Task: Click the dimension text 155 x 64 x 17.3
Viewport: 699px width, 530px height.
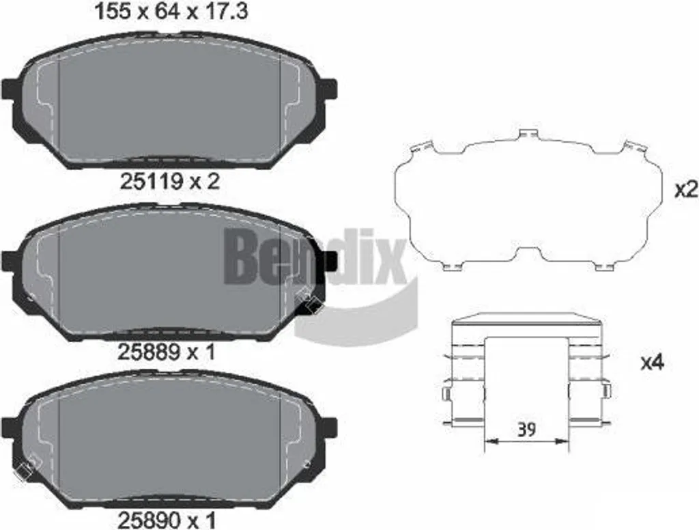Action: pyautogui.click(x=171, y=12)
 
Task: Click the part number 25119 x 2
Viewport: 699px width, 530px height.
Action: pyautogui.click(x=170, y=182)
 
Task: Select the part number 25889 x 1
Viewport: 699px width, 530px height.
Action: pyautogui.click(x=167, y=352)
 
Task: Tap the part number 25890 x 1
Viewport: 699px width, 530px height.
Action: pyautogui.click(x=167, y=520)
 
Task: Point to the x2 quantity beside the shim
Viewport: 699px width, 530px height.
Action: pyautogui.click(x=685, y=191)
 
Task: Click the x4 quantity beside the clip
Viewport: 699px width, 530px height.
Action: pyautogui.click(x=652, y=363)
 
